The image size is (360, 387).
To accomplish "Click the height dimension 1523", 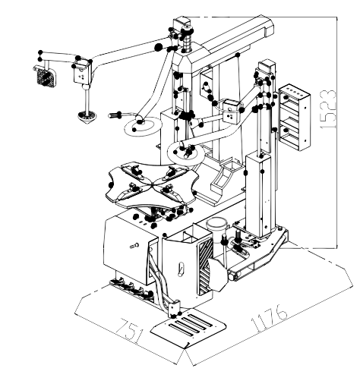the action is pos(329,109).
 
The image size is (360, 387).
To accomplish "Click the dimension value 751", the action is pos(129,330).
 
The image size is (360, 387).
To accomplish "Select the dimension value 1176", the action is pos(270,318).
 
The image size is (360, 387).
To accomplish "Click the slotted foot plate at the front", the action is pos(188,328).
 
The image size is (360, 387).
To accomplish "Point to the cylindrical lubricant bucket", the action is pos(216,230).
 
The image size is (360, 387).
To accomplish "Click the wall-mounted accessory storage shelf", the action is pos(295,117).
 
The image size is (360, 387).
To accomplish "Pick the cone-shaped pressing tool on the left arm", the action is pos(87,117).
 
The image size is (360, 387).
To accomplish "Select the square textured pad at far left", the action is pos(45,76).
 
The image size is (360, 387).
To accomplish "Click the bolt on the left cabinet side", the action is pos(134,245).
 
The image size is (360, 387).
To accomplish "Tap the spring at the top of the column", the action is pos(186,42).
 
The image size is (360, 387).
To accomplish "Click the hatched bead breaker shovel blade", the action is pos(218,274).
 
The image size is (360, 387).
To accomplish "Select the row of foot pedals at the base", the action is pos(131,288).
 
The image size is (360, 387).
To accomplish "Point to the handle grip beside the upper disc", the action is pos(115,115).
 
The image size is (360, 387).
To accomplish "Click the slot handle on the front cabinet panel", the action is pos(181,269).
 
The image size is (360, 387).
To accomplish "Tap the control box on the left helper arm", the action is pos(82,73).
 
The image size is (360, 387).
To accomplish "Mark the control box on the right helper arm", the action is pos(231,112).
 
